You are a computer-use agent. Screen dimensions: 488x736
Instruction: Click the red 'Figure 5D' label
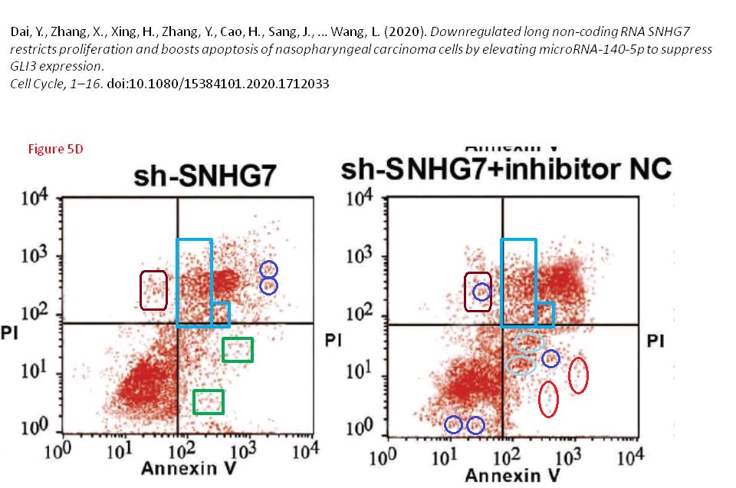click(x=55, y=149)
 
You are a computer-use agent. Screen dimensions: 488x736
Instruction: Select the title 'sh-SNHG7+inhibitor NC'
click(x=506, y=169)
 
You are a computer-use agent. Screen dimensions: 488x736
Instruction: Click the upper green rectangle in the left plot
click(x=238, y=350)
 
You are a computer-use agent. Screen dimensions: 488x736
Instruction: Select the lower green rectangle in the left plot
click(x=209, y=401)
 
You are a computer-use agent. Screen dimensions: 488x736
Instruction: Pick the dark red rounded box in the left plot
click(x=154, y=290)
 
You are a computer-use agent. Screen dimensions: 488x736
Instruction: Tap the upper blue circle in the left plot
click(x=268, y=269)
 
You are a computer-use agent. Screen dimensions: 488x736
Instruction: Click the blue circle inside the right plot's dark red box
click(x=481, y=292)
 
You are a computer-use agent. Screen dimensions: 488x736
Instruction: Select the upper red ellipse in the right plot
click(x=579, y=374)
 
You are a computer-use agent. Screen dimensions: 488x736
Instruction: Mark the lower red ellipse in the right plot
click(x=548, y=399)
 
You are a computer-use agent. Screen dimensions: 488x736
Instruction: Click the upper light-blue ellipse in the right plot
click(x=529, y=341)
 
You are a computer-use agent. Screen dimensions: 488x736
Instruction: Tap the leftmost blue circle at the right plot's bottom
click(x=453, y=424)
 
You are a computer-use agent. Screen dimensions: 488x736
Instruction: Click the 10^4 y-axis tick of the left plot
click(x=34, y=201)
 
